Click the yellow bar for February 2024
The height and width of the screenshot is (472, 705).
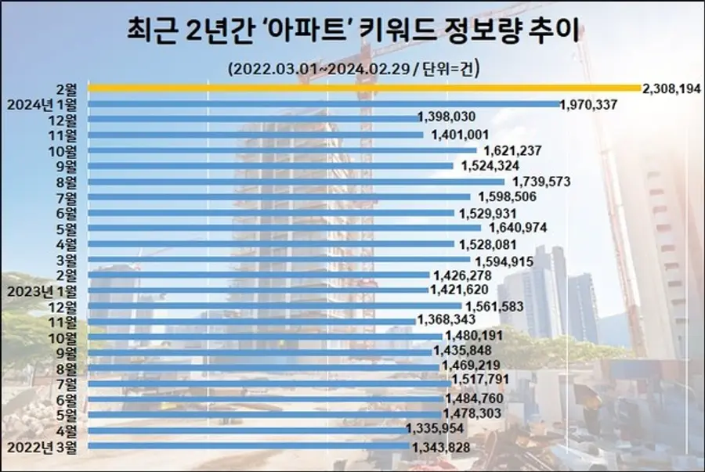(x=364, y=88)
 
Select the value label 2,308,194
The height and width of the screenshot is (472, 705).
(x=671, y=88)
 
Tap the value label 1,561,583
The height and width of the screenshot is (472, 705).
(x=496, y=305)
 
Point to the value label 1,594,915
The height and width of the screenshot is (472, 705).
(x=502, y=259)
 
